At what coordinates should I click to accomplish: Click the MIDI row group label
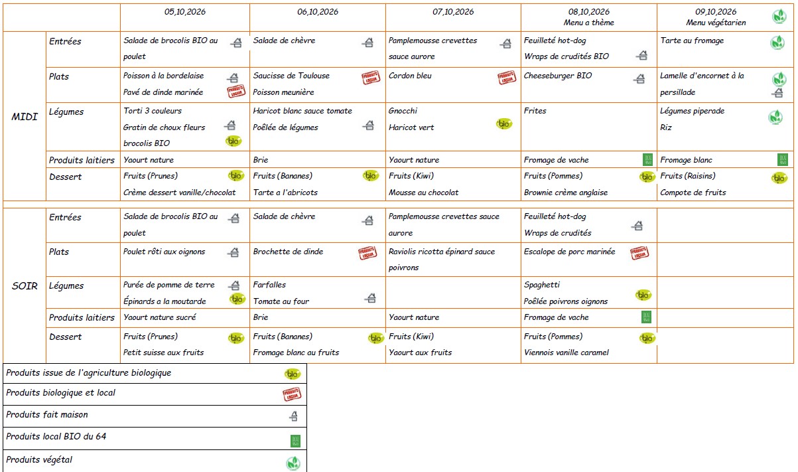[x=25, y=117]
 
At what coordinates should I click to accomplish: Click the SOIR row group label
[x=25, y=286]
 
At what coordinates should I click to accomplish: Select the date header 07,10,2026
[x=453, y=12]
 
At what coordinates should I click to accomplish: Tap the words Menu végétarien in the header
[x=716, y=23]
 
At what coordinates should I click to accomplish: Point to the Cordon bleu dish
[x=410, y=76]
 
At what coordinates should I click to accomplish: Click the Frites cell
[x=535, y=111]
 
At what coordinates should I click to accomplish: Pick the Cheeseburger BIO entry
[x=557, y=76]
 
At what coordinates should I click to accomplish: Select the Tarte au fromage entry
[x=692, y=40]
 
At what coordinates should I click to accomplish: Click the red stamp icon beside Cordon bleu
[x=507, y=78]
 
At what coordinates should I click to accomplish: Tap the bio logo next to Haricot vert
[x=503, y=123]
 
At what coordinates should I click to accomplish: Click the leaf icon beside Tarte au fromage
[x=777, y=42]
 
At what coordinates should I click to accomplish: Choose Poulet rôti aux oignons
[x=165, y=252]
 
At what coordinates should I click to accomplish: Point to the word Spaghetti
[x=541, y=285]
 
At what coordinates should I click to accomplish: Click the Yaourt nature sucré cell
[x=160, y=317]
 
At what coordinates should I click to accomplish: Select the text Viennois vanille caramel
[x=566, y=353]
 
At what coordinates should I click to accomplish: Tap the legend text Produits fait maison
[x=46, y=415]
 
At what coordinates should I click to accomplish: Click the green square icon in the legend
[x=295, y=441]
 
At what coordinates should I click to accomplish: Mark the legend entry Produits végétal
[x=39, y=460]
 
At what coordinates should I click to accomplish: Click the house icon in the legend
[x=294, y=416]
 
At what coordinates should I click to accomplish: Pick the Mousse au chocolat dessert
[x=423, y=193]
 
